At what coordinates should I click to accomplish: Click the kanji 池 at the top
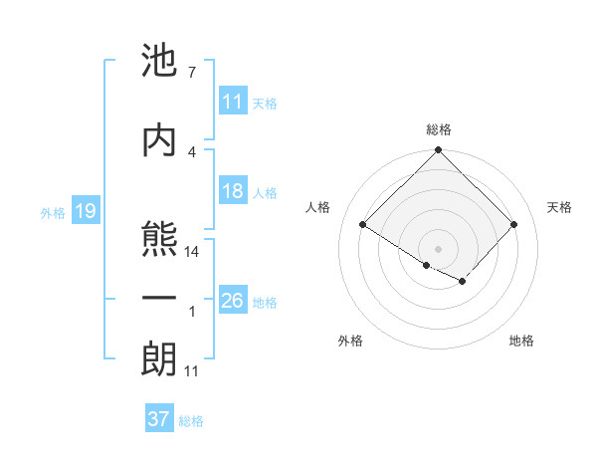pos(159,61)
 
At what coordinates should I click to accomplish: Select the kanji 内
pos(159,140)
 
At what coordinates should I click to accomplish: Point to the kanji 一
pos(159,299)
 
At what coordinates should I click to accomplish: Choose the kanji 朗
pos(159,359)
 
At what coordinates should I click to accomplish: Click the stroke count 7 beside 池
pos(192,73)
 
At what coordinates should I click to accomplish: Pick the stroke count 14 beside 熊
pos(192,253)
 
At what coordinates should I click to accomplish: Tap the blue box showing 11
pos(233,102)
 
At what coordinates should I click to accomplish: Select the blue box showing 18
pos(233,192)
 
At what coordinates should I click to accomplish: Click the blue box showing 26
pos(233,301)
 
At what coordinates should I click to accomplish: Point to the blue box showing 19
pos(85,211)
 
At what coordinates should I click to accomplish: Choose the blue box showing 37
pos(159,419)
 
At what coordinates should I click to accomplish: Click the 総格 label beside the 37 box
pos(191,421)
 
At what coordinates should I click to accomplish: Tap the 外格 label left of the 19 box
pos(52,212)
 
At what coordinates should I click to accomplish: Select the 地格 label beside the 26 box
pos(265,303)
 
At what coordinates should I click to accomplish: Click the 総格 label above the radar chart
pos(439,129)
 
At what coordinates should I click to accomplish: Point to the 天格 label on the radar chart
pos(560,207)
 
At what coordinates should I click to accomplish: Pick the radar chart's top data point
pos(438,151)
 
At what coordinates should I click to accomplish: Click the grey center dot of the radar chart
pos(438,248)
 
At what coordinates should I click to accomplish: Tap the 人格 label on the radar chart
pos(318,207)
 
